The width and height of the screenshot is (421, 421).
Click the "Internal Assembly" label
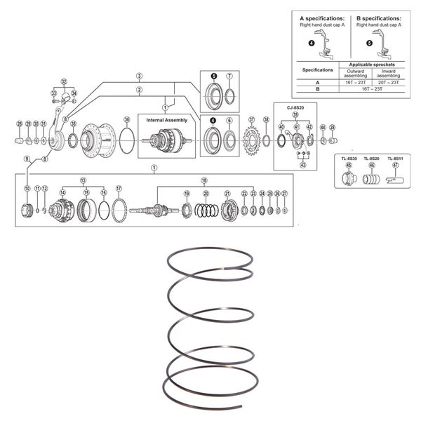pyautogui.click(x=166, y=120)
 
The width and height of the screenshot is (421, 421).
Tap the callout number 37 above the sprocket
pyautogui.click(x=251, y=119)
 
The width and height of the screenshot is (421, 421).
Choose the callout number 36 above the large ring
pyautogui.click(x=126, y=119)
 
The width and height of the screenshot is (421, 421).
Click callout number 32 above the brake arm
pyautogui.click(x=64, y=81)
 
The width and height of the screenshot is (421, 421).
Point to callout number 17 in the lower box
pyautogui.click(x=119, y=188)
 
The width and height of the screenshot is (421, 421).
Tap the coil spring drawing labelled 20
pyautogui.click(x=206, y=208)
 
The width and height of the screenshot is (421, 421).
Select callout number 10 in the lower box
pyautogui.click(x=27, y=189)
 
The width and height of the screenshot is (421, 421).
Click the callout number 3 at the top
pyautogui.click(x=140, y=75)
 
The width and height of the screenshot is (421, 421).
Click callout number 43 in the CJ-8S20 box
pyautogui.click(x=302, y=165)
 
